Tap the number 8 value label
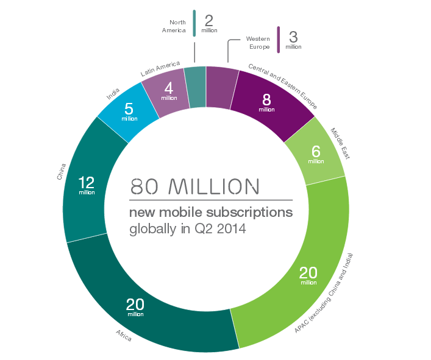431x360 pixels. coord(266,100)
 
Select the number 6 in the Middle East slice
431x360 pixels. coord(316,152)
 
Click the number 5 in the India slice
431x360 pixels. coord(129,110)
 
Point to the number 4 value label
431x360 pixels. coord(169,88)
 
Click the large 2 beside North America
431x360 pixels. coord(208,19)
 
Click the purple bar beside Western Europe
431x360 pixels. coord(278,39)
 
